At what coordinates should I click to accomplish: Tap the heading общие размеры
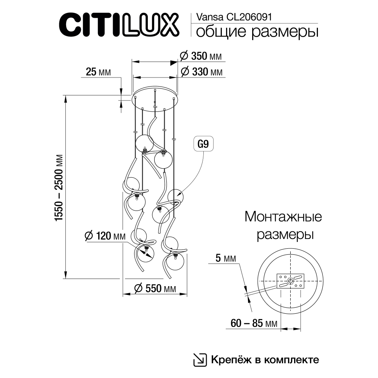coord(256,32)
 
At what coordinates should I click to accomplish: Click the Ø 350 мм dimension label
coord(201,56)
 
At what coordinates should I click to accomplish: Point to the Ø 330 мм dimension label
coord(201,72)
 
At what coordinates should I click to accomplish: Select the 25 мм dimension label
coord(98,72)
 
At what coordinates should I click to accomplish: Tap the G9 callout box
coord(203,144)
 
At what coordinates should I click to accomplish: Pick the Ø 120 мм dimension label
coord(105,236)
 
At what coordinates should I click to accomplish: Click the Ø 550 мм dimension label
coord(155,288)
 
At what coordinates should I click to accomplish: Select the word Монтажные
coord(283,217)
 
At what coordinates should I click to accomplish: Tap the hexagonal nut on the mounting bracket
coord(290,280)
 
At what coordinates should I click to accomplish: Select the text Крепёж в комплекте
coord(265,359)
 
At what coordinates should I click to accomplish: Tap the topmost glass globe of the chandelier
coord(145,143)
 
